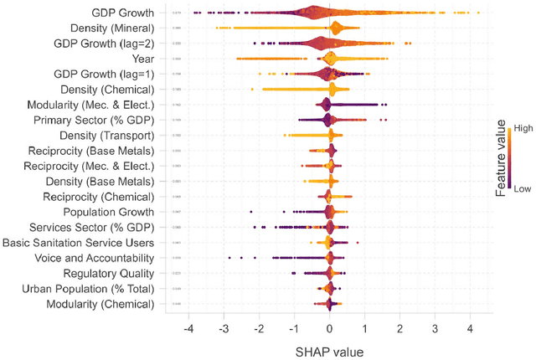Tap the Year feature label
142,59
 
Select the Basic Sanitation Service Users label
79,243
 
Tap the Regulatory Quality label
109,273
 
